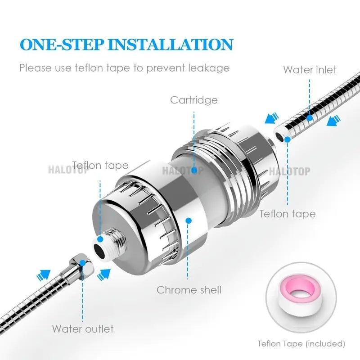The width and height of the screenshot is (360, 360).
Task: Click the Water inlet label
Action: [310, 70]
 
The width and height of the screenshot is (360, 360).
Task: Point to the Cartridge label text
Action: [193, 99]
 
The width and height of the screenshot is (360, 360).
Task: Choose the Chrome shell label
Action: [189, 290]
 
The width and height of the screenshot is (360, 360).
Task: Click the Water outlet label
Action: [83, 328]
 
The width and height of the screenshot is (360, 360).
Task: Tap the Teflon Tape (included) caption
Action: [301, 344]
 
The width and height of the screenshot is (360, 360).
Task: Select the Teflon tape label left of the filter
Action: [100, 165]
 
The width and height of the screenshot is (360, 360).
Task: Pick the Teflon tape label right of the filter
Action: [287, 213]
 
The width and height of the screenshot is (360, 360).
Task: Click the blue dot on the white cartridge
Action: [194, 171]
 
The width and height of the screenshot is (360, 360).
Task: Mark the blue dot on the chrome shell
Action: [189, 220]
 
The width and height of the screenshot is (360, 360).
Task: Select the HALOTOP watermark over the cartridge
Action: [183, 171]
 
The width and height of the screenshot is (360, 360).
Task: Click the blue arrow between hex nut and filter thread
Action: [105, 273]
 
